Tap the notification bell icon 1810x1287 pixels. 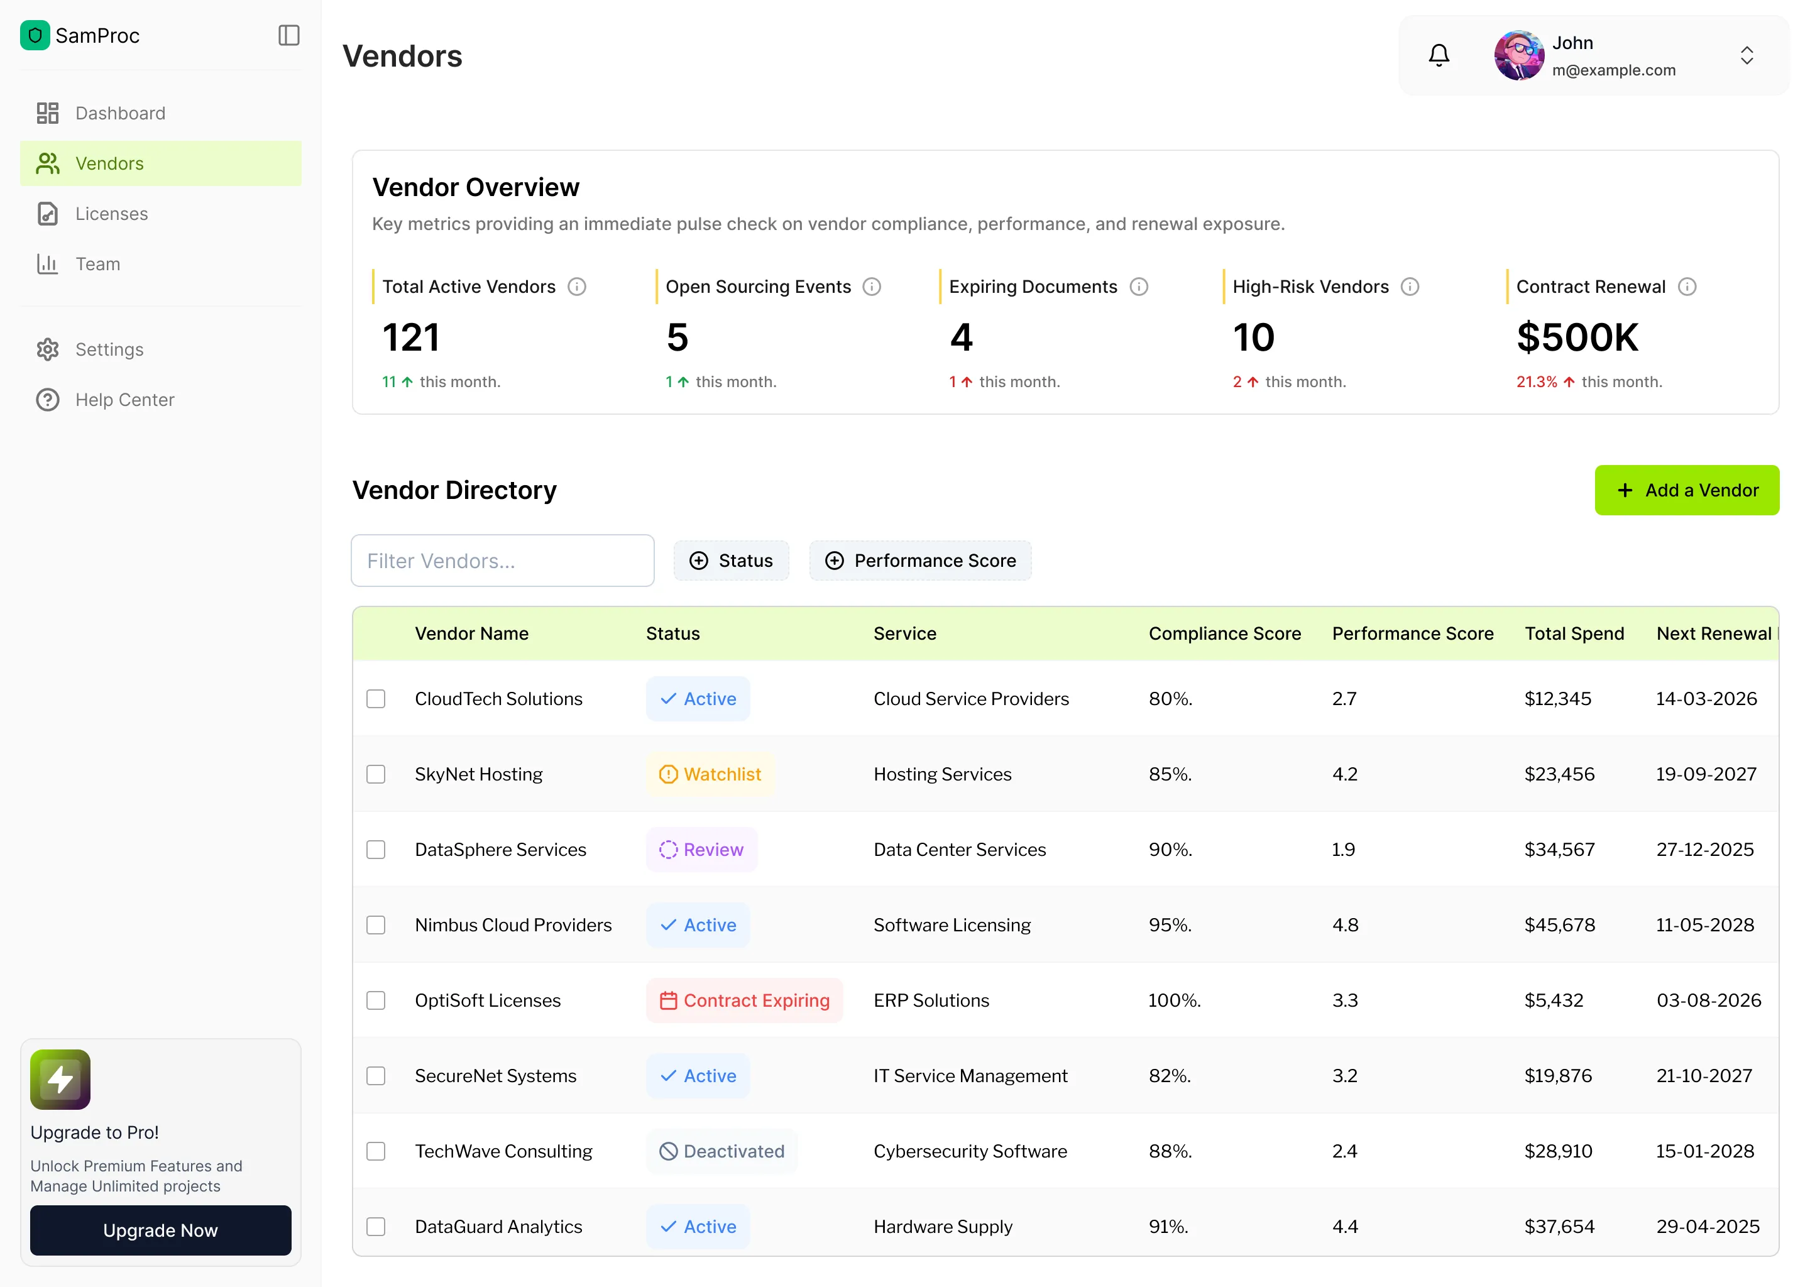click(1439, 55)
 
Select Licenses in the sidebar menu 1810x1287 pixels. click(111, 214)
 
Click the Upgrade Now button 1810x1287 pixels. click(160, 1230)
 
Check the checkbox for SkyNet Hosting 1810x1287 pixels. click(376, 774)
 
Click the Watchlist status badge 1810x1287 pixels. click(710, 774)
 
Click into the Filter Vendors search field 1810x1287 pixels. click(502, 561)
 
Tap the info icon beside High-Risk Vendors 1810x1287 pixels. click(1410, 287)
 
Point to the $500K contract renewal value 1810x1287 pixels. click(1576, 337)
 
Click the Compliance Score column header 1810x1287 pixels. click(1224, 634)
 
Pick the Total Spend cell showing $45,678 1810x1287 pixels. click(1559, 925)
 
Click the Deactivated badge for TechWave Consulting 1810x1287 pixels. click(722, 1151)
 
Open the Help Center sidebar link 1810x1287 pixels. click(124, 400)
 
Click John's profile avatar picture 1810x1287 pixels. click(1518, 55)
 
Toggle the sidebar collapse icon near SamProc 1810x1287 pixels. click(288, 36)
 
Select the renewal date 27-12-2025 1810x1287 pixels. click(1704, 850)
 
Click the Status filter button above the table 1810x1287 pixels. click(731, 561)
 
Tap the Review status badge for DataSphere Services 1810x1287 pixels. click(701, 850)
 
